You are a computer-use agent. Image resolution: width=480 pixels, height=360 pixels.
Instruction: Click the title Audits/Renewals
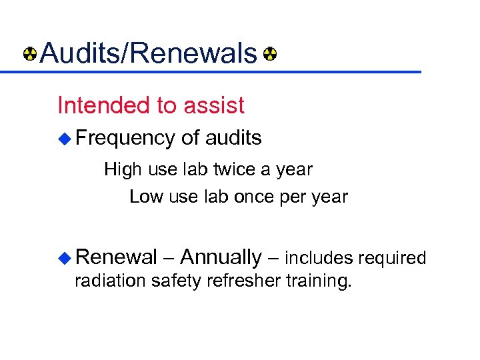[x=148, y=53]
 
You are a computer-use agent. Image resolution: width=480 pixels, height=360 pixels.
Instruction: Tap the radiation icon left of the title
[x=30, y=53]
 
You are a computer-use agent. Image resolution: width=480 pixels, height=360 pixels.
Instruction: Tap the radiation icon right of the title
[x=270, y=53]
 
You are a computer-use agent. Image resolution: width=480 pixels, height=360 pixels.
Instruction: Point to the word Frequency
[x=125, y=138]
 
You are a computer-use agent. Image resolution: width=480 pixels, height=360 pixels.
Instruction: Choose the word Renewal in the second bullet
[x=116, y=257]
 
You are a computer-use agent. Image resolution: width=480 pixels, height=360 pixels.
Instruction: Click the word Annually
[x=221, y=257]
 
